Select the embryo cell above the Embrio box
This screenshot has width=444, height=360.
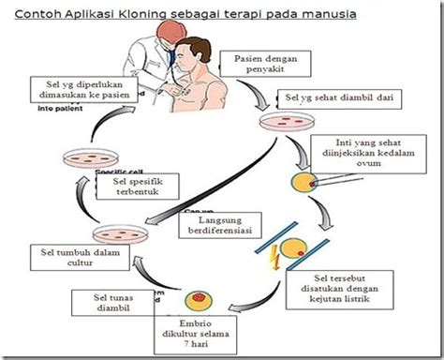pyautogui.click(x=200, y=300)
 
